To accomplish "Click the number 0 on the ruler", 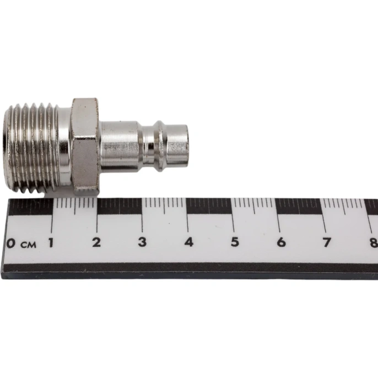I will (10, 243).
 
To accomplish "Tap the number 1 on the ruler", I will (51, 242).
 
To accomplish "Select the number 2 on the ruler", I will (96, 242).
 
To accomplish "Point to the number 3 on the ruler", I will (142, 242).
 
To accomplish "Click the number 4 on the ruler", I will (188, 242).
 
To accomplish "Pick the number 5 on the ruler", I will (234, 242).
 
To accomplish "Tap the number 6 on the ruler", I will (280, 242).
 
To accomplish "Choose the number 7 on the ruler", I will (327, 242).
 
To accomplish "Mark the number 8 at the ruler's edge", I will (374, 242).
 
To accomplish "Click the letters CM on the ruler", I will (29, 244).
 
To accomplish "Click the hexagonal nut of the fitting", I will (85, 146).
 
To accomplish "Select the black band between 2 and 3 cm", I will (120, 206).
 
